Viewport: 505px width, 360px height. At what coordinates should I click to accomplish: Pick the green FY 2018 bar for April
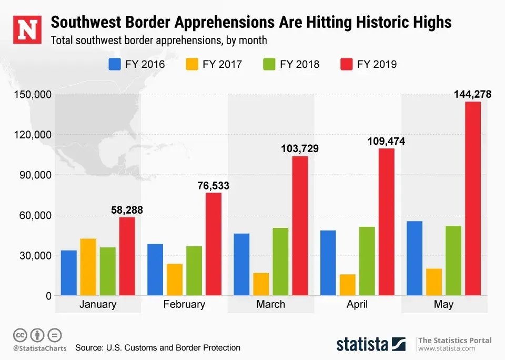coord(367,261)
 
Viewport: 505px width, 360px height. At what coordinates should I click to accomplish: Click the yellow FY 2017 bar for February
coord(175,279)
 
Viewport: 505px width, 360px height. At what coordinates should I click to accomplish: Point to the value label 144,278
coord(473,95)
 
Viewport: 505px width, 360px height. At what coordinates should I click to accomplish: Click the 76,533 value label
coord(213,186)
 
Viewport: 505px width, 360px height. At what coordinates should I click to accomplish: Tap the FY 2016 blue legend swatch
coord(115,64)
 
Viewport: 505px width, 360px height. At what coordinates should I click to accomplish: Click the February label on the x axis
coord(184,305)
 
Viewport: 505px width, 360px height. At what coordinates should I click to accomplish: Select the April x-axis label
coord(357,305)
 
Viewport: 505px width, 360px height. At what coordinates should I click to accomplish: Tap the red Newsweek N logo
coord(26,29)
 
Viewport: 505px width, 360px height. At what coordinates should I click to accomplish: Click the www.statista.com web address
coord(447,348)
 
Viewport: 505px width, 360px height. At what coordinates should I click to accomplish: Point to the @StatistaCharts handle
coord(39,348)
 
